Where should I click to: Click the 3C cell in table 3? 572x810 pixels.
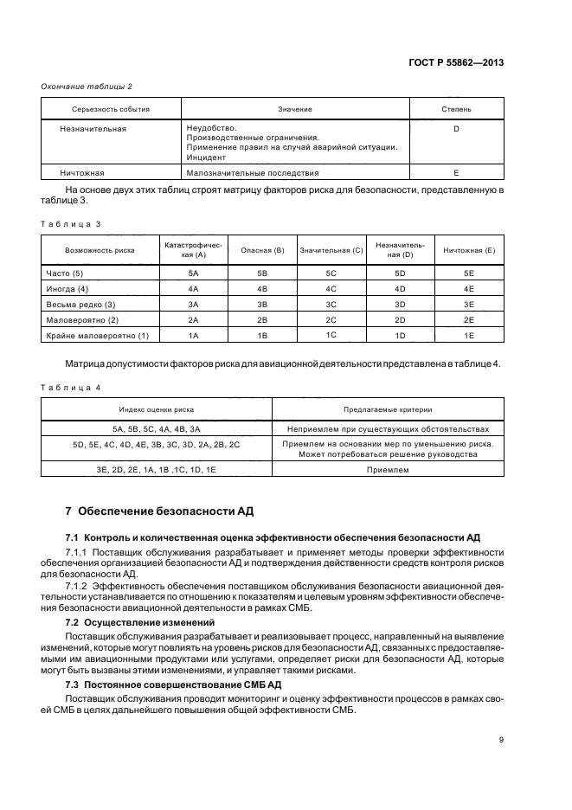pos(331,304)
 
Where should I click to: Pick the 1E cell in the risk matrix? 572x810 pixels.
pos(469,335)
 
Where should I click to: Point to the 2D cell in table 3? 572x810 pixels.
pos(400,319)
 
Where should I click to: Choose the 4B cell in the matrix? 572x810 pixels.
pos(263,288)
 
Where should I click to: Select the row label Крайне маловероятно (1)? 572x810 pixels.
pos(97,335)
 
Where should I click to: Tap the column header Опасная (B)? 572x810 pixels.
pos(263,250)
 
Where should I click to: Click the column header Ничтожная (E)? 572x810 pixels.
pos(469,250)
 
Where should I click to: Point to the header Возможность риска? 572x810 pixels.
pos(99,250)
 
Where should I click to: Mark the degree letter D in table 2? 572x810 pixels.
pos(456,129)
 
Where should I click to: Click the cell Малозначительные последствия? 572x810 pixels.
pos(235,172)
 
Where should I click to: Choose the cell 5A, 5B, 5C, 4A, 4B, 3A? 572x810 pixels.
pos(157,428)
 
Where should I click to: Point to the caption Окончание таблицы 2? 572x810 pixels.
pos(87,86)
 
